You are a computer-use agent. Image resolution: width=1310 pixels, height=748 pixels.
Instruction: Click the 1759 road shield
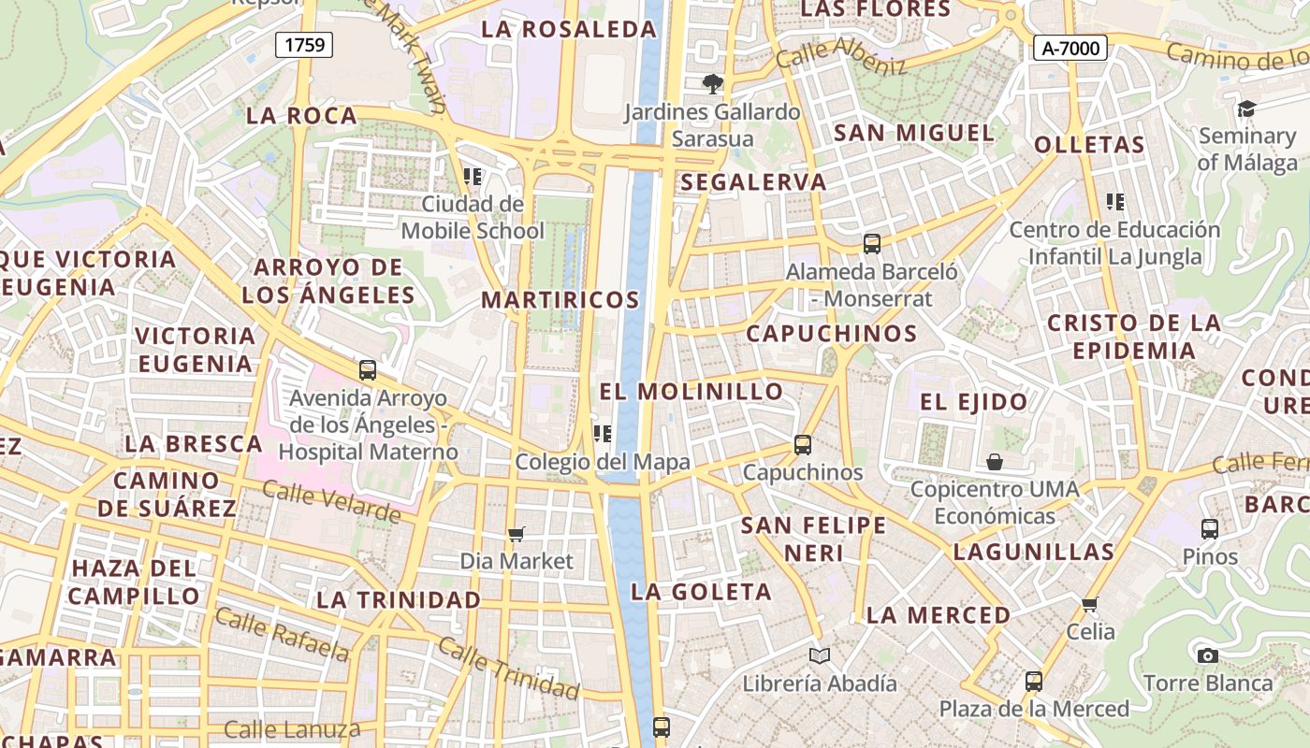click(x=304, y=44)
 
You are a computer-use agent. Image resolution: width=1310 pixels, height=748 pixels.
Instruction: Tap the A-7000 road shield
click(x=1070, y=48)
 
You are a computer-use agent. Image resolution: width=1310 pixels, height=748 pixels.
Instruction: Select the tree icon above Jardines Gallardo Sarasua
click(x=713, y=84)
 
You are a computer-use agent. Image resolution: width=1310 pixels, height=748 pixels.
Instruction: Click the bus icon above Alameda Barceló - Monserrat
click(x=872, y=244)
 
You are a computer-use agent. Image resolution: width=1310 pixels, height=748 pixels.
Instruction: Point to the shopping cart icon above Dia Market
click(x=516, y=534)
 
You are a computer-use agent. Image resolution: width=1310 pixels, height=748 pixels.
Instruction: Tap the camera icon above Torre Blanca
click(x=1208, y=655)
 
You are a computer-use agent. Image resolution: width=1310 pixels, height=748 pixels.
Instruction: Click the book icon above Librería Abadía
click(x=820, y=655)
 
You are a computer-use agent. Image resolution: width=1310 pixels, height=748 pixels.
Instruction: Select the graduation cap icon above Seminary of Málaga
click(x=1246, y=109)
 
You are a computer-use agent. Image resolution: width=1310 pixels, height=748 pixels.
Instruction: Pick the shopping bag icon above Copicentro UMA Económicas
click(x=995, y=462)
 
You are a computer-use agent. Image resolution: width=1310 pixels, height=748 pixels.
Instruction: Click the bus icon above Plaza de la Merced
click(x=1034, y=681)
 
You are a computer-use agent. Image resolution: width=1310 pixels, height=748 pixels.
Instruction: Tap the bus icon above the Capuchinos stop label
click(x=802, y=445)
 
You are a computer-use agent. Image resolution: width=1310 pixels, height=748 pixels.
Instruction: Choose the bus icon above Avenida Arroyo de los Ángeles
click(x=368, y=370)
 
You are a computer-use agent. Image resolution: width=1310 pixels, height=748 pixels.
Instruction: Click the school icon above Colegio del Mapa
click(x=603, y=434)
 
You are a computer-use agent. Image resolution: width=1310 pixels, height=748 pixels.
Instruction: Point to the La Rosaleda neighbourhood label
click(x=569, y=29)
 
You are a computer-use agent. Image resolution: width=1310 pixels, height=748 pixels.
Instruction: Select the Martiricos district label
click(x=560, y=300)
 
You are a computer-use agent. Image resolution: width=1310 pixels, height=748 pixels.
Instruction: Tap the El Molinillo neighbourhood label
click(x=691, y=391)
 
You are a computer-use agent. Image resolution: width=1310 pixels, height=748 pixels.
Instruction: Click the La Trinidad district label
click(x=399, y=599)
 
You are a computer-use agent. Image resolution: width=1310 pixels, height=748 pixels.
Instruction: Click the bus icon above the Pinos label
click(x=1210, y=529)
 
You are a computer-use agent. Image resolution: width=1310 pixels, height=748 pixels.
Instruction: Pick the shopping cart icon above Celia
click(x=1089, y=604)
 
